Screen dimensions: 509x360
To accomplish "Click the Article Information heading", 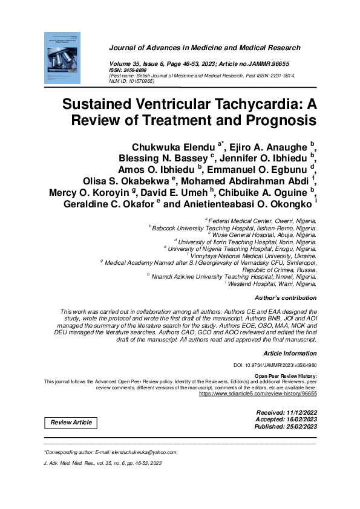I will [x=290, y=353].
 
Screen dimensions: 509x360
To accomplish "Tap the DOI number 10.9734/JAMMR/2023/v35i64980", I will [x=283, y=366].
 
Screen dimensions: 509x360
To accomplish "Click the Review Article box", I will [x=71, y=422].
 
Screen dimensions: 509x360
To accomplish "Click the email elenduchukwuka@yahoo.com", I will [x=143, y=452].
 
